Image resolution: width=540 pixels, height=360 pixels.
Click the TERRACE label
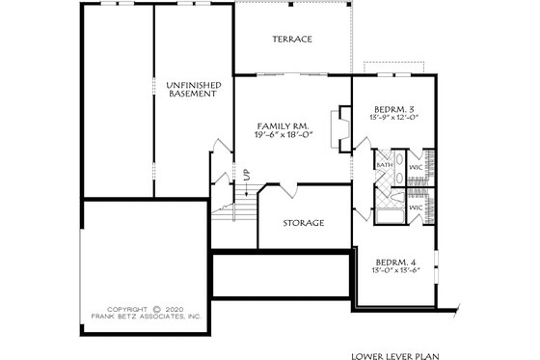(x=291, y=40)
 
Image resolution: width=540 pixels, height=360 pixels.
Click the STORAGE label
(x=303, y=223)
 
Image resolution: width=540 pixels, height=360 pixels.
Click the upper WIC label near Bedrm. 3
(x=416, y=167)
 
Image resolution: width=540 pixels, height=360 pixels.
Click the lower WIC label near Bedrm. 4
(x=416, y=207)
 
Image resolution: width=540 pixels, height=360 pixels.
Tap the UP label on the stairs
(x=246, y=174)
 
